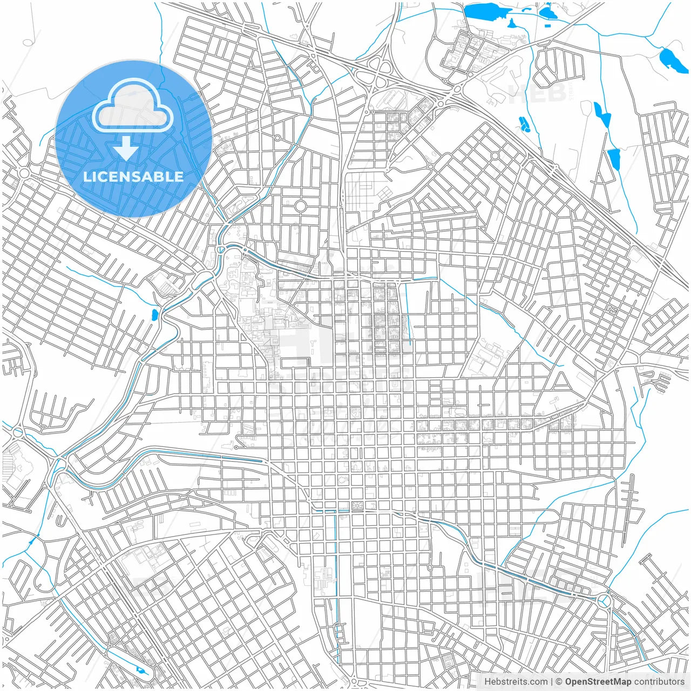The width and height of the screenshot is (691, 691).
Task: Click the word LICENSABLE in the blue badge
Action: (133, 177)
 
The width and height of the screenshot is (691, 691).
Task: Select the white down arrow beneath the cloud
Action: (126, 148)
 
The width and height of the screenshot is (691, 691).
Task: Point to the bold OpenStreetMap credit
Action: (598, 682)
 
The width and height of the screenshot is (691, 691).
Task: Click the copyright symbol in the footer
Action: (559, 682)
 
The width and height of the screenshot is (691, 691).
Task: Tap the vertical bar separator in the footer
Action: (551, 682)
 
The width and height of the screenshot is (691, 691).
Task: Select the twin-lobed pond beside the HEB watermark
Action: (523, 125)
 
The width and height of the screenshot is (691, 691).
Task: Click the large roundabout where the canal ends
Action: (604, 600)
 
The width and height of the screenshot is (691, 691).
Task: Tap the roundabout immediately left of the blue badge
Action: (24, 173)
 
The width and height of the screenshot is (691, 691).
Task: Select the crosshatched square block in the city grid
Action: (356, 506)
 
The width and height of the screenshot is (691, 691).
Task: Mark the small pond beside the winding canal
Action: (154, 314)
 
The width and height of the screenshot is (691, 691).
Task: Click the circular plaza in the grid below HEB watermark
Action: (495, 155)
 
